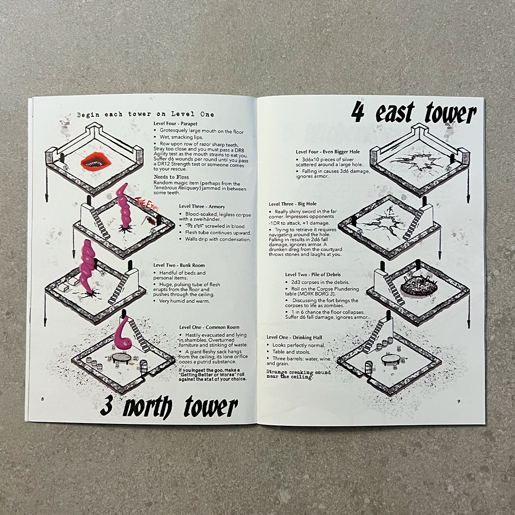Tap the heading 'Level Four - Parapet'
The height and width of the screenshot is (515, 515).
coord(175,124)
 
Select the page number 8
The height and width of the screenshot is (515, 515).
coord(42,399)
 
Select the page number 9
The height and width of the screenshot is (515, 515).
coord(459,401)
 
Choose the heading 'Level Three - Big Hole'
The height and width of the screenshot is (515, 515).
coord(293,204)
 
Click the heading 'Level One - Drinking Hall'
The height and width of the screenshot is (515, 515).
coord(294,337)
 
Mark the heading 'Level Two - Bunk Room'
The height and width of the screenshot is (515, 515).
coord(179,265)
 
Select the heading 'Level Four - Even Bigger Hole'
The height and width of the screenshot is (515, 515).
coord(328,152)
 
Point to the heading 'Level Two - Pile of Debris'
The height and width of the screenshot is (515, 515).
coord(313,275)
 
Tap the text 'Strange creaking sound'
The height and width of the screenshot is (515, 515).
coord(299,372)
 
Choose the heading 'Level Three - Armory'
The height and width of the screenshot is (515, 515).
coord(202,206)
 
